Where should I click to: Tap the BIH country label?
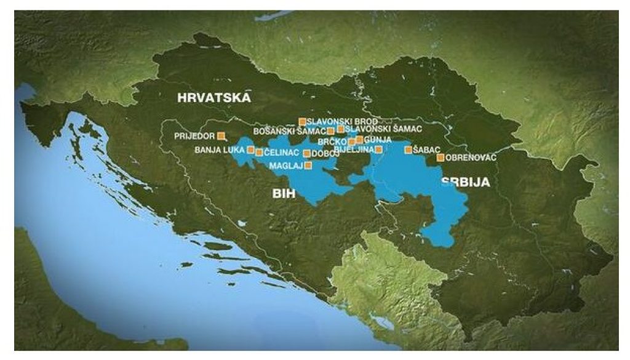point(284,194)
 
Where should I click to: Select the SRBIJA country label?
point(466,182)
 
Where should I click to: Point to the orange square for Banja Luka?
point(250,150)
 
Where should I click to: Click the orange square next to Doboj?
point(307,153)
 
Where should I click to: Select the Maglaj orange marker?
point(308,165)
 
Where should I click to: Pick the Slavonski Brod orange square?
point(301,121)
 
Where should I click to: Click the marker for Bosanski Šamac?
point(331,130)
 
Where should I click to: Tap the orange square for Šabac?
point(408,150)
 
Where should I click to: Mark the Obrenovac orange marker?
point(441,158)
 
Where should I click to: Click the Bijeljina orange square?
point(378,150)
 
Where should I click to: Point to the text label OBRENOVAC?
point(471,158)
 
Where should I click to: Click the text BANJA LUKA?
point(220,150)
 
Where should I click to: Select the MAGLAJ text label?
point(286,165)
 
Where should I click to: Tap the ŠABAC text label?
point(426,150)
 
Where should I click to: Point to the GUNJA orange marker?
point(359,140)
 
